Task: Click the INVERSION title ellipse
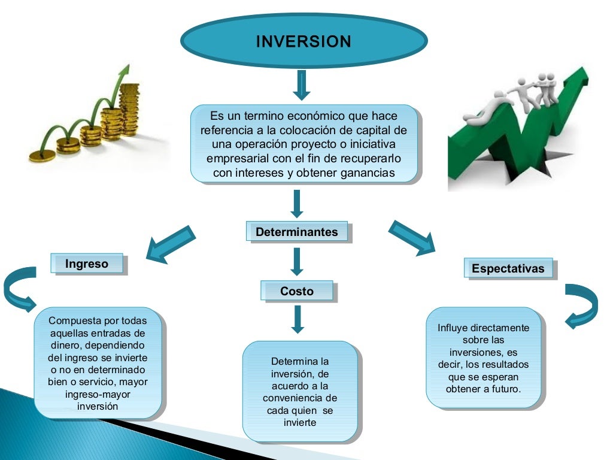click(x=304, y=41)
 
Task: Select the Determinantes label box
click(x=297, y=232)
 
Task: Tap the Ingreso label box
click(x=87, y=264)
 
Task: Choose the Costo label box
click(x=297, y=291)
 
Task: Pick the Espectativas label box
click(x=508, y=268)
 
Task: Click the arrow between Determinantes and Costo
click(x=297, y=262)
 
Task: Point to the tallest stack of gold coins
click(x=129, y=108)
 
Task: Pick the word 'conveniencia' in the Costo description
click(x=299, y=398)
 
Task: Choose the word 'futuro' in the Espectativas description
click(x=506, y=389)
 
